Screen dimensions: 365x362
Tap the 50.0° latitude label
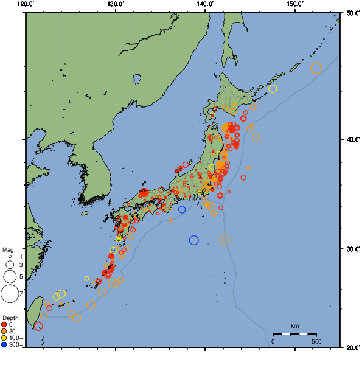pos(352,13)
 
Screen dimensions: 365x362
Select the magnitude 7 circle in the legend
pos(10,294)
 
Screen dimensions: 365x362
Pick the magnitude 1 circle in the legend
pos(10,257)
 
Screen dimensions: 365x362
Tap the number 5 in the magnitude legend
pos(21,277)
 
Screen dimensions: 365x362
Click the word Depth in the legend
pos(10,318)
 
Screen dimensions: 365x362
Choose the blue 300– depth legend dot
pos(4,345)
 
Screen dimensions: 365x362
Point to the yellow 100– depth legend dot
pos(4,338)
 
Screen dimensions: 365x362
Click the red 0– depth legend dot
pos(4,324)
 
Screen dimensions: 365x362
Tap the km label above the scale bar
pos(294,326)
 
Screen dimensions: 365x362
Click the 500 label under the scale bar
pos(316,342)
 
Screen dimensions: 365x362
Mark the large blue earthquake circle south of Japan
pos(194,240)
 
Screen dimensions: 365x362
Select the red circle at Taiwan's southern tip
pos(38,327)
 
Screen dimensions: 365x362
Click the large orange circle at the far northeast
pos(316,69)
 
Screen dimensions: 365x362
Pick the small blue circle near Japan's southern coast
pos(182,209)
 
